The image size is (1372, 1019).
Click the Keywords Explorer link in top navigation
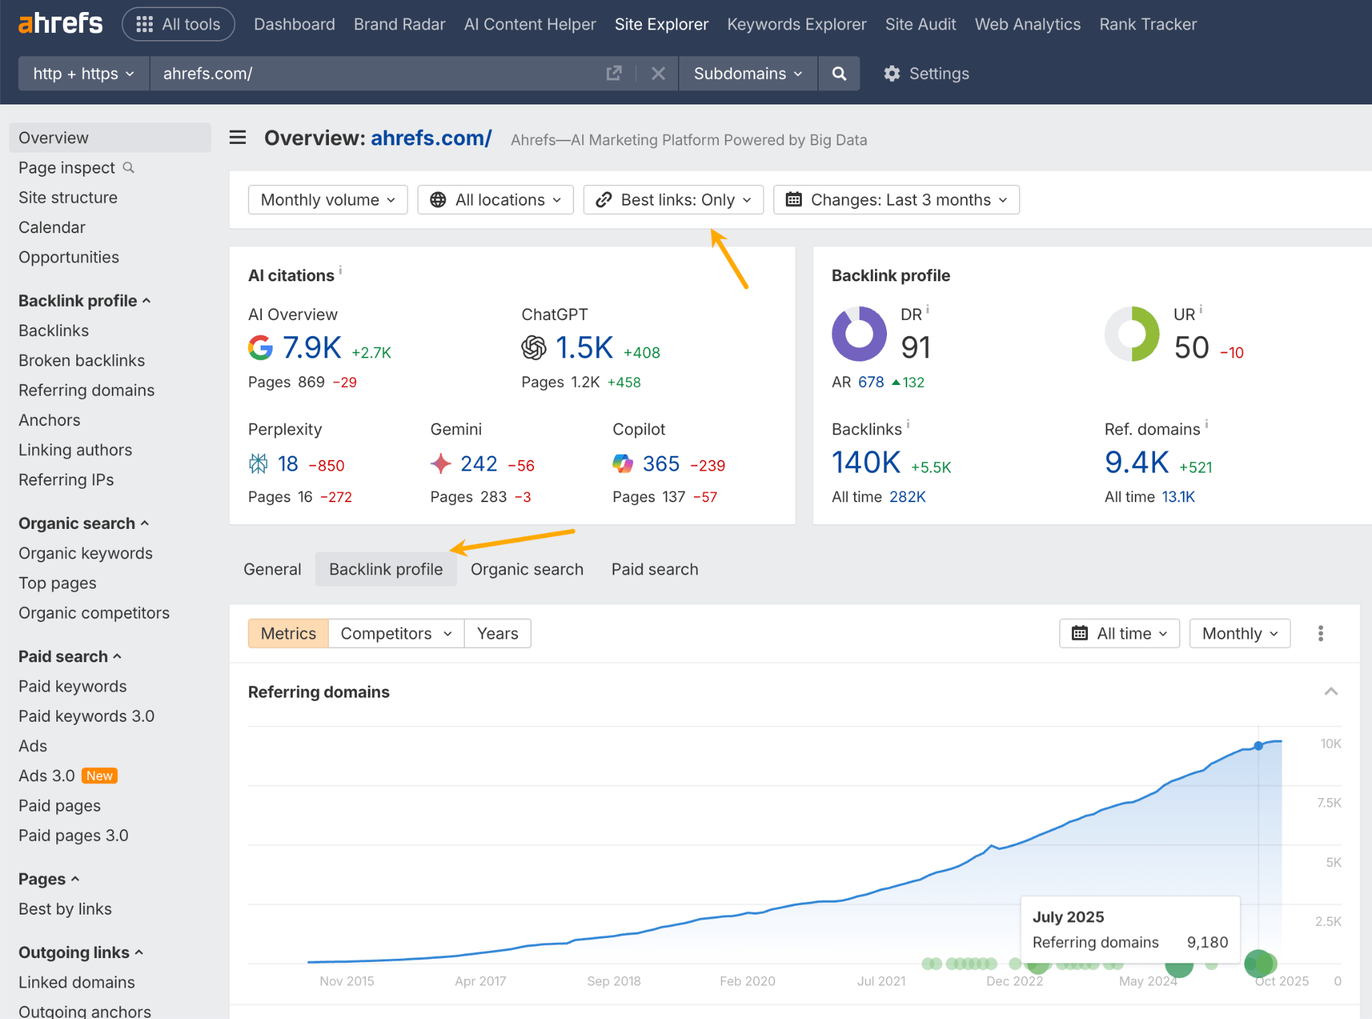[x=796, y=25]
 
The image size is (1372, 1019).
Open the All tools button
[x=178, y=25]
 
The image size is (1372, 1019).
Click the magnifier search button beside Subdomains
[x=839, y=74]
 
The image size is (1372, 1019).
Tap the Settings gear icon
[x=892, y=74]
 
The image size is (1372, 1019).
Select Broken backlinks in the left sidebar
[x=82, y=360]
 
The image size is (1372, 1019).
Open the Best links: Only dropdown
[x=673, y=200]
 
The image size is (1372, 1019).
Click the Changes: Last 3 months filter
[x=896, y=200]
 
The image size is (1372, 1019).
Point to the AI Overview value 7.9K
[x=312, y=348]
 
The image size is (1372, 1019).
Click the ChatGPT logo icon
[x=534, y=348]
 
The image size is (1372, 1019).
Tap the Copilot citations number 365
[x=661, y=464]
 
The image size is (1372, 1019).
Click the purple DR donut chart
[x=859, y=333]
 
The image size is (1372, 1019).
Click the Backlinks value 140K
[x=866, y=463]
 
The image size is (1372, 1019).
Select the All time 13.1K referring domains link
[x=1178, y=497]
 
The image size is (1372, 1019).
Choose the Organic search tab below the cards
[x=527, y=570]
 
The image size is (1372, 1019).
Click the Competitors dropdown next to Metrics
[x=396, y=633]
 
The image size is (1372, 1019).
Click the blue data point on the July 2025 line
[x=1258, y=746]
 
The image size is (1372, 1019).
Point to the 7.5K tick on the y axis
[x=1328, y=803]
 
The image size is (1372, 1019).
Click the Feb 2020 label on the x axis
[x=747, y=982]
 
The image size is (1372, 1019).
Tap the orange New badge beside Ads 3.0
[x=99, y=776]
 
